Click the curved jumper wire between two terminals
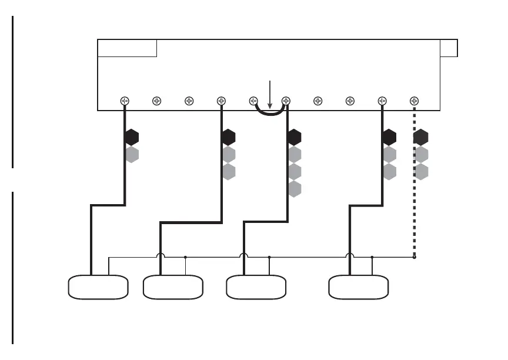click(270, 114)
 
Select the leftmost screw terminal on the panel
click(125, 101)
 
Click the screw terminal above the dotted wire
click(415, 101)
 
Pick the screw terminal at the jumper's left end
click(254, 101)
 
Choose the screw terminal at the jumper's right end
click(286, 101)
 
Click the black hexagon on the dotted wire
click(421, 138)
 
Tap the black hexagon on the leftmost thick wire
click(132, 138)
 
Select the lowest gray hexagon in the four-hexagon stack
click(295, 189)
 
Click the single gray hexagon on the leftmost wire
click(132, 155)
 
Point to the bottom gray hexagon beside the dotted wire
click(421, 172)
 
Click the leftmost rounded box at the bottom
click(98, 287)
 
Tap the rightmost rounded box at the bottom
click(358, 287)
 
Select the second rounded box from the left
click(173, 287)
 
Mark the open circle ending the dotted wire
click(415, 257)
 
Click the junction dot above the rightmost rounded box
click(372, 257)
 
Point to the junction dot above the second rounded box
click(185, 257)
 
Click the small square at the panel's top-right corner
click(449, 48)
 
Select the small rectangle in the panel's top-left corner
click(127, 48)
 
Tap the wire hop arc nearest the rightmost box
click(350, 255)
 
